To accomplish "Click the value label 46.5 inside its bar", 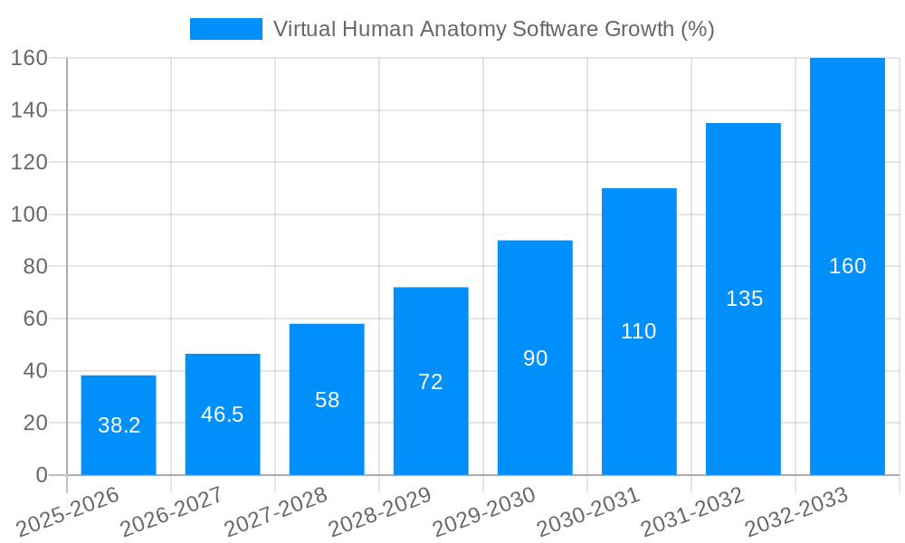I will pos(223,414).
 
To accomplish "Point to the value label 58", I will pos(327,400).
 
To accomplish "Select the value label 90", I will pos(535,358).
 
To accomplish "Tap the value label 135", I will pos(744,299).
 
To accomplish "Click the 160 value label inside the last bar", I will pos(847,266).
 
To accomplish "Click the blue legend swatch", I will pos(225,29).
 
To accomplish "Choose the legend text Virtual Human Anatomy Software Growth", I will pos(493,29).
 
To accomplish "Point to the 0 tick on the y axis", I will pos(41,475).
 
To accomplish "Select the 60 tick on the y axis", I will pos(34,319).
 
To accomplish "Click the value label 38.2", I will pos(119,425).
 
